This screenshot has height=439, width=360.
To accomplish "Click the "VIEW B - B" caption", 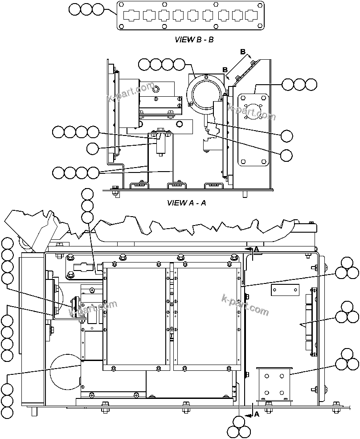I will [x=194, y=40].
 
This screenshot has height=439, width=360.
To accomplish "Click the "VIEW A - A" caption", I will [x=186, y=203].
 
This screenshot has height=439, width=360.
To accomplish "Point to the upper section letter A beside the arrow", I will [x=256, y=249].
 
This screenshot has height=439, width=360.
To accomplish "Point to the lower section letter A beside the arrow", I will [x=256, y=414].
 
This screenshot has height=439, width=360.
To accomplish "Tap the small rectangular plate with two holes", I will [x=284, y=290].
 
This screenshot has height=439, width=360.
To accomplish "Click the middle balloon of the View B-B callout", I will [x=87, y=9].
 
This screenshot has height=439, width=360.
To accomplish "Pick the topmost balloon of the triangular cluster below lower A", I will [x=239, y=422].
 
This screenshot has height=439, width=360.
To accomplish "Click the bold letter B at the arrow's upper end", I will [x=243, y=52].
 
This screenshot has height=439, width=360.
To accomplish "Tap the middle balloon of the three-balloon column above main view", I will [x=87, y=206].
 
